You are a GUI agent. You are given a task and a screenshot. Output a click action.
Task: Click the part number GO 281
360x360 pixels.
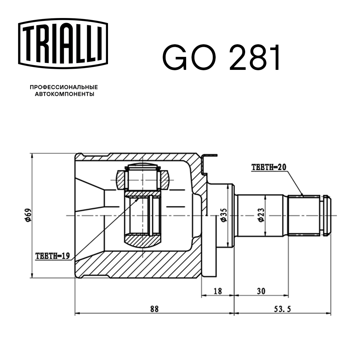pos(221,58)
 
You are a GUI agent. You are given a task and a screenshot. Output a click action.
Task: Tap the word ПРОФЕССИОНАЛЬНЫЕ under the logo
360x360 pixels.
pos(64,87)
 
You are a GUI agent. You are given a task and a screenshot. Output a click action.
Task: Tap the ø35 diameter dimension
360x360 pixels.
pos(224,215)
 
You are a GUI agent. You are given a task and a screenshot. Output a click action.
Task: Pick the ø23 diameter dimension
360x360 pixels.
pos(260,215)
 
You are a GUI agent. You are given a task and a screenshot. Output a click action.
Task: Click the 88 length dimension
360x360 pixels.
pos(154,309)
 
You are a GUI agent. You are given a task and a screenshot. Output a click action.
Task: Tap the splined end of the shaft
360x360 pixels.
pos(304,215)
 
